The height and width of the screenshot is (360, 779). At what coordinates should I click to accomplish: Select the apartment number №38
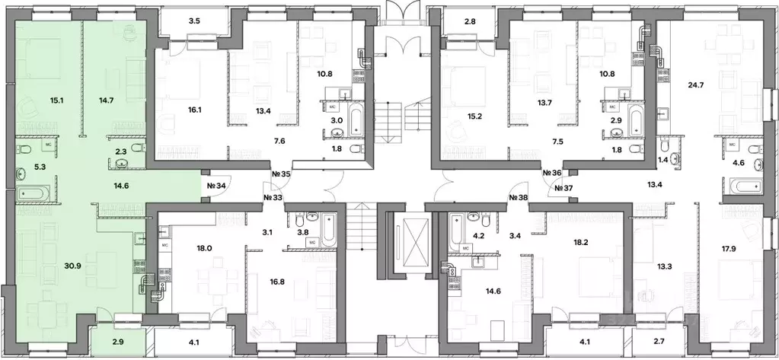[519, 197]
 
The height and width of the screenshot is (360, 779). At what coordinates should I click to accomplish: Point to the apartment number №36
[552, 174]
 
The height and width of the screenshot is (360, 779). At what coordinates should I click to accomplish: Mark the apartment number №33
[273, 197]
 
